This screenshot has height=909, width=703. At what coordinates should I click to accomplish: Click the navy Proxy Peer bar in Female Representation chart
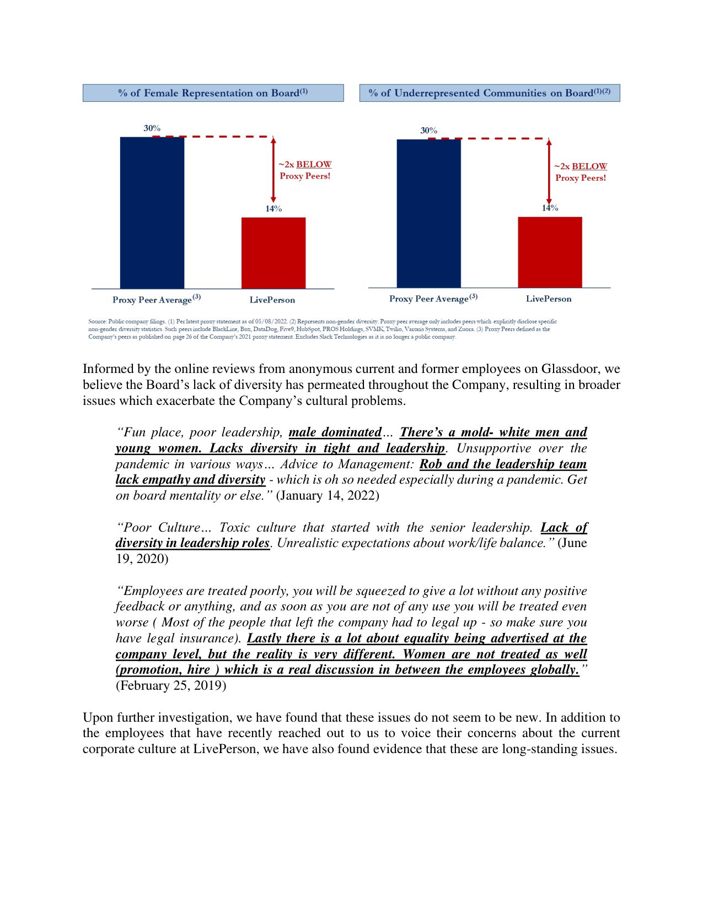(152, 212)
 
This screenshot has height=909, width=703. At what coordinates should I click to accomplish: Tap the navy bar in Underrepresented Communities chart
(428, 213)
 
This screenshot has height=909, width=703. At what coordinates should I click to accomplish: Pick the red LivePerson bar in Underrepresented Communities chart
(550, 252)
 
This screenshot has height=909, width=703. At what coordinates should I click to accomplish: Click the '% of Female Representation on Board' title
(213, 93)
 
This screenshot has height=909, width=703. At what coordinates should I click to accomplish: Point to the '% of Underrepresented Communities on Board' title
(490, 93)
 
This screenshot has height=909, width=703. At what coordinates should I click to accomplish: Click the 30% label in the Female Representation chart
(152, 128)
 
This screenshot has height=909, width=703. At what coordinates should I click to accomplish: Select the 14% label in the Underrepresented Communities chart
(550, 208)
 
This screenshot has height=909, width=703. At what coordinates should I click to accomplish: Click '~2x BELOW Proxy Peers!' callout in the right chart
(581, 172)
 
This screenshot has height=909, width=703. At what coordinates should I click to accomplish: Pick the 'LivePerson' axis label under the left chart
(272, 300)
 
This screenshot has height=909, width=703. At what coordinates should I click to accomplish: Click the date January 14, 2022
(327, 495)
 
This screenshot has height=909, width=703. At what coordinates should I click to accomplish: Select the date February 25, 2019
(171, 685)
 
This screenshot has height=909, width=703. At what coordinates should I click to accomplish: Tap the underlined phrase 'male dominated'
(335, 432)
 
